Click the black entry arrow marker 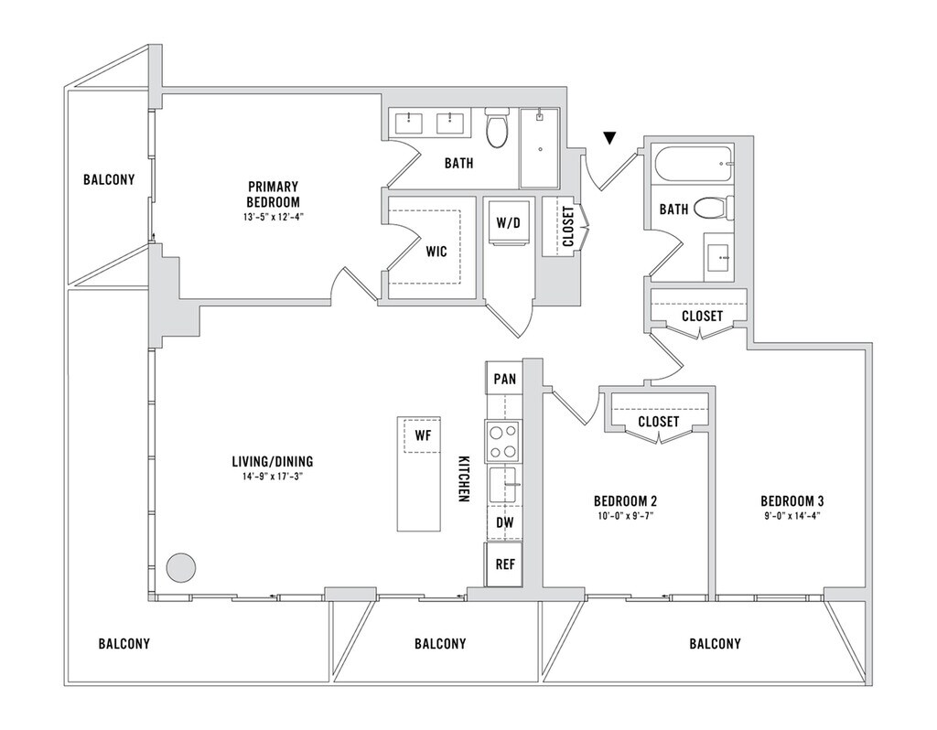[x=609, y=138]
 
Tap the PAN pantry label [x=505, y=379]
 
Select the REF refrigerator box [x=504, y=564]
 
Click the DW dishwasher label [x=505, y=522]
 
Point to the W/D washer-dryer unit [x=509, y=223]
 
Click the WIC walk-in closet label [x=436, y=252]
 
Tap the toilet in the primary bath [x=496, y=126]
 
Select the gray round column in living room [x=180, y=567]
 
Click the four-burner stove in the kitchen [x=503, y=441]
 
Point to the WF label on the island [x=423, y=435]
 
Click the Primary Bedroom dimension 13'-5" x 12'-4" [x=273, y=217]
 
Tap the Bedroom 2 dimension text [x=625, y=516]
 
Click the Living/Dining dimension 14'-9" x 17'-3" [x=272, y=476]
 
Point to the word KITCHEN [x=463, y=479]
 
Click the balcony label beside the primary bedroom [x=109, y=179]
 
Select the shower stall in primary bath [x=539, y=148]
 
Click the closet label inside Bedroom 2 [x=659, y=422]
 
